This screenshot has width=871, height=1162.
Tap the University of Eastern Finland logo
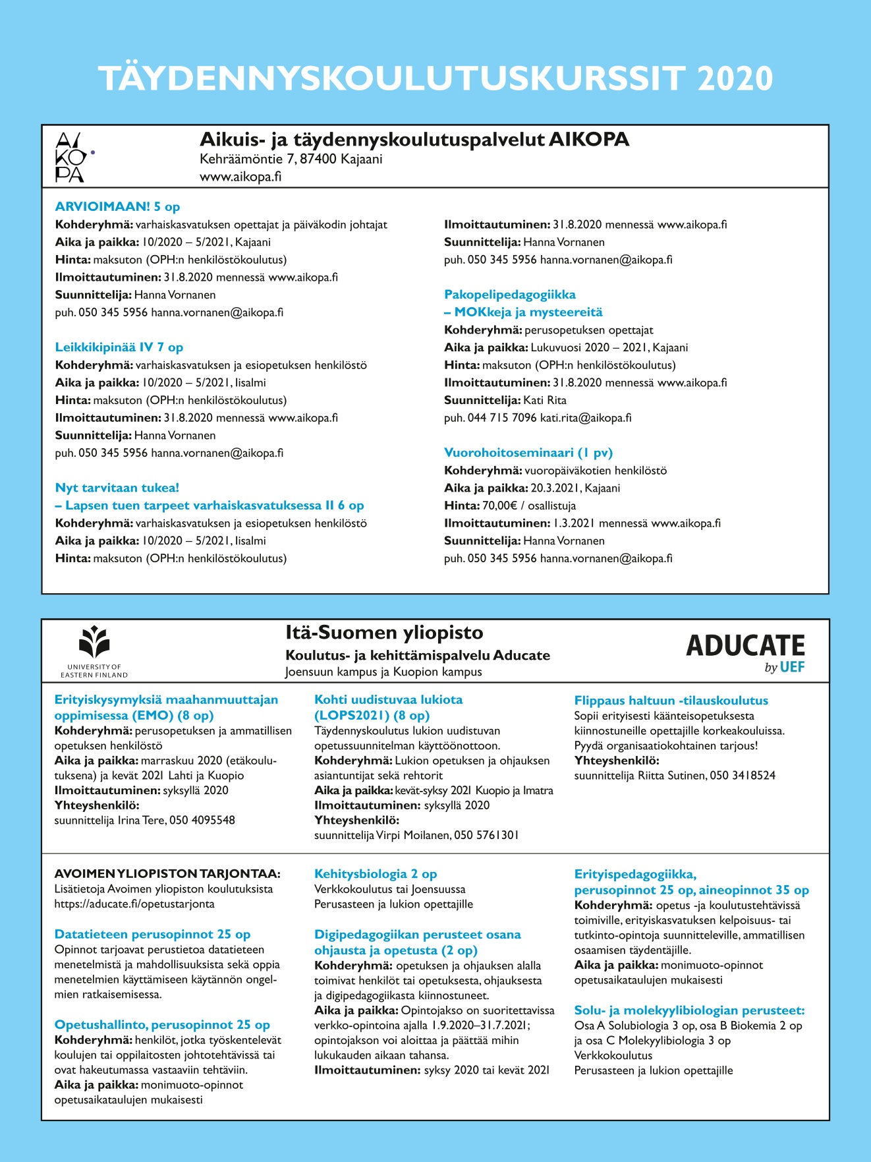click(94, 649)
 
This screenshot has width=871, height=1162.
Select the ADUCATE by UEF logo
click(745, 653)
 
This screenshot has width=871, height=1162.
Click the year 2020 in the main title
click(735, 78)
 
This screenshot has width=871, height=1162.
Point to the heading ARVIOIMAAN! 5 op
click(117, 207)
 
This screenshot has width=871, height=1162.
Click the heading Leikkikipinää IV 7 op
click(119, 347)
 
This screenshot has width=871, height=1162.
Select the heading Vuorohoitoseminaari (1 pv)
click(528, 453)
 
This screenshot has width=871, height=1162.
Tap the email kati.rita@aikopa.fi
click(586, 418)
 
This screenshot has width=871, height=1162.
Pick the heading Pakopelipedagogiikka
click(510, 295)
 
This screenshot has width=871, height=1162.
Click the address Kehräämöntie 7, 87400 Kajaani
click(291, 159)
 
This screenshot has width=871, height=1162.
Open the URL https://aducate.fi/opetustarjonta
click(134, 904)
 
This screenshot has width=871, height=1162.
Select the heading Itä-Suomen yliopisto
click(384, 633)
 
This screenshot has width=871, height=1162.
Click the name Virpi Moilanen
click(413, 835)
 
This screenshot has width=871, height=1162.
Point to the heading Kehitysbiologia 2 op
click(376, 874)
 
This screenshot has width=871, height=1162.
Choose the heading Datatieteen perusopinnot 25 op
click(152, 935)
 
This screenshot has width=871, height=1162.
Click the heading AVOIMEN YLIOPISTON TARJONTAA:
click(167, 874)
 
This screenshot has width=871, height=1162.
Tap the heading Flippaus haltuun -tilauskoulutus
click(671, 701)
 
